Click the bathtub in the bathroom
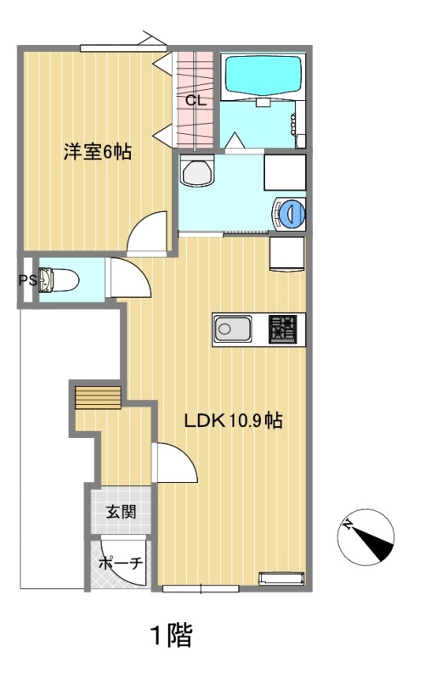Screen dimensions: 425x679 click(x=262, y=75)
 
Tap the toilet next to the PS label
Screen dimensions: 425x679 click(x=59, y=280)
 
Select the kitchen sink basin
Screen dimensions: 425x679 click(x=233, y=329)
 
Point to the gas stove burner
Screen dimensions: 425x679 click(x=282, y=329)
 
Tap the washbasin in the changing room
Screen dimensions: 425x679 click(x=198, y=171)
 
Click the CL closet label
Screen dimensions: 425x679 click(x=196, y=101)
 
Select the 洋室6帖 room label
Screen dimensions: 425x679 click(x=98, y=152)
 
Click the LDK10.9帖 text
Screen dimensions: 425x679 click(x=233, y=420)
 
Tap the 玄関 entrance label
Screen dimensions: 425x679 click(x=122, y=512)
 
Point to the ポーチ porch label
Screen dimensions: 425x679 click(x=121, y=564)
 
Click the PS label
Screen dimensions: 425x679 click(x=27, y=280)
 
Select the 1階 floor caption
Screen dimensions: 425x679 click(x=172, y=635)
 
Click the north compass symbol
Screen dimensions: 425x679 click(x=365, y=536)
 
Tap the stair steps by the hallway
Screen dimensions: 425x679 click(x=98, y=397)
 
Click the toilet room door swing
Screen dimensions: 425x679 click(x=129, y=278)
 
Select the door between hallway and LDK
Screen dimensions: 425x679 click(x=175, y=463)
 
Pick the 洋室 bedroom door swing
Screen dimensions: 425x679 click(x=147, y=232)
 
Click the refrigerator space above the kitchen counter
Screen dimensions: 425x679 click(x=287, y=254)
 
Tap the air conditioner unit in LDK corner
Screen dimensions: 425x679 click(x=281, y=579)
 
